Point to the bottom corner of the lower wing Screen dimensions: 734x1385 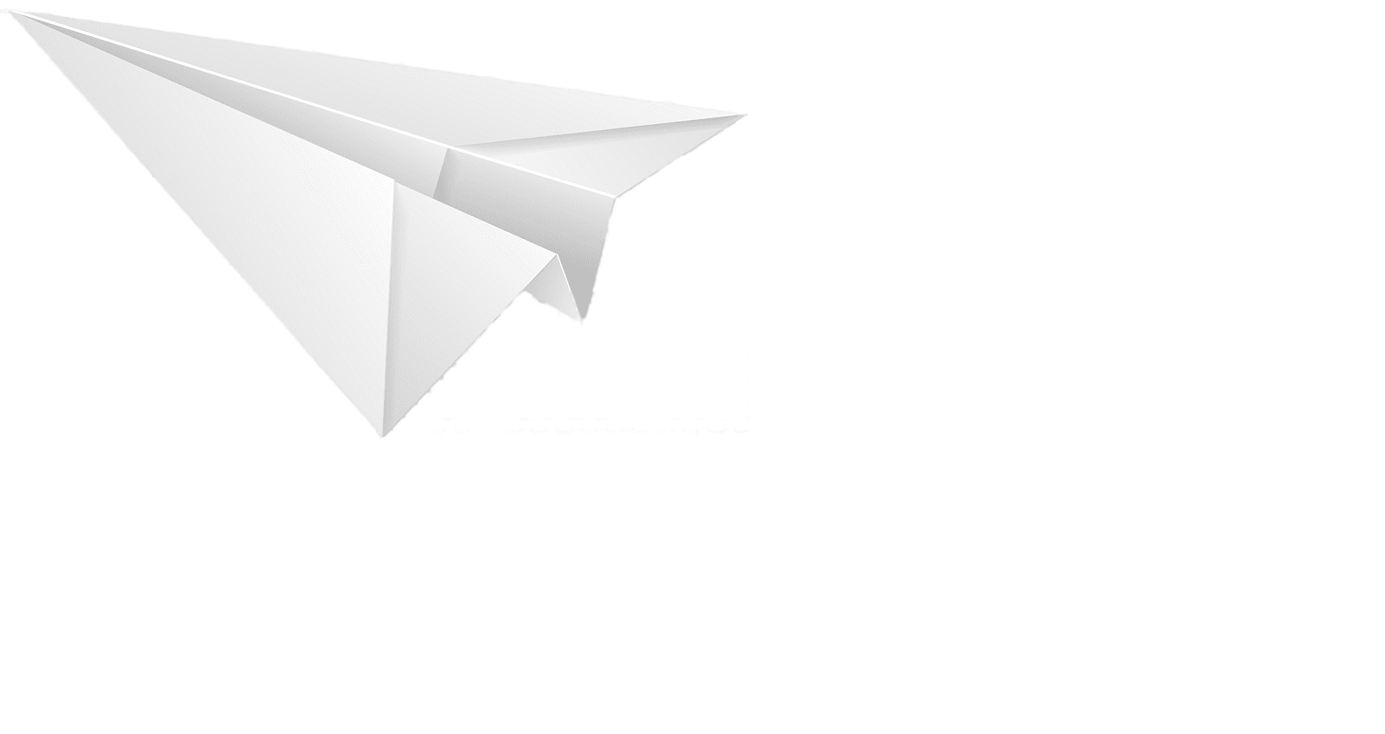pyautogui.click(x=380, y=437)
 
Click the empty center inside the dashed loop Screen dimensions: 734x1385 pyautogui.click(x=980, y=456)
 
